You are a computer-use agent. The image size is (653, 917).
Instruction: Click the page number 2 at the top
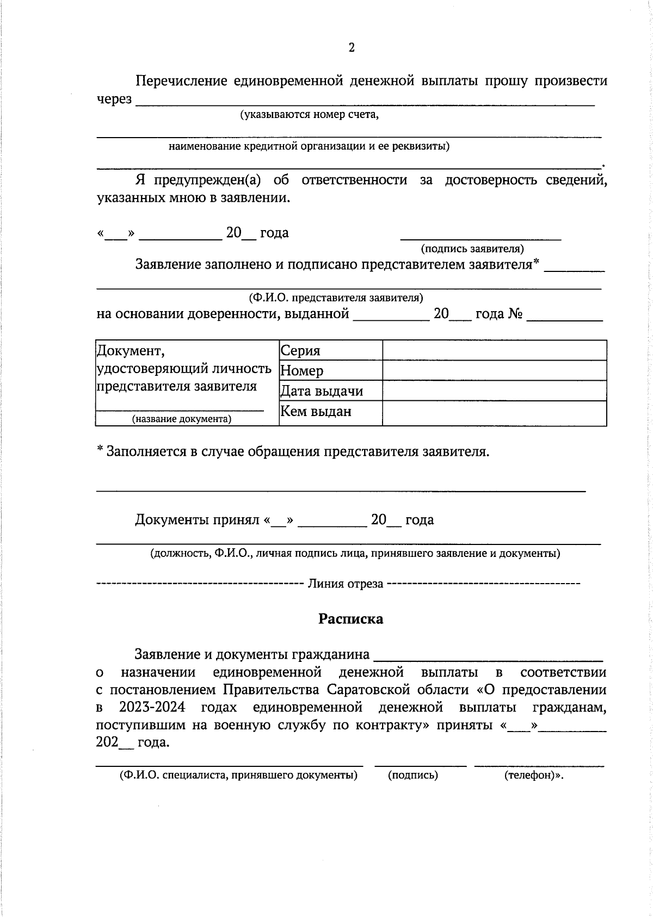click(351, 48)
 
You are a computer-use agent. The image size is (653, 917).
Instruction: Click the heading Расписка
click(350, 619)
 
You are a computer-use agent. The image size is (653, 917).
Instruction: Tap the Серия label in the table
click(300, 350)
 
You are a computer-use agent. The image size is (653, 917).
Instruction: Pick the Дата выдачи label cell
click(321, 391)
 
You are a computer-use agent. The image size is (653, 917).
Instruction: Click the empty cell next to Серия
click(494, 350)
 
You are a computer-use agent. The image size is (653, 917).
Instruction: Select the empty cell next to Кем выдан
click(494, 413)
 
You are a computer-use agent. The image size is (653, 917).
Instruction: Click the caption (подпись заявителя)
click(472, 249)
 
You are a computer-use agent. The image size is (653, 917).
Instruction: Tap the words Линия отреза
click(346, 584)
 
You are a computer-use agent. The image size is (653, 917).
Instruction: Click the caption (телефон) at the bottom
click(533, 775)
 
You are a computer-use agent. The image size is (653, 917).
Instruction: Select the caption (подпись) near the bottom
click(412, 775)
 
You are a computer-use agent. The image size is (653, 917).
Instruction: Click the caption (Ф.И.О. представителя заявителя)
click(336, 298)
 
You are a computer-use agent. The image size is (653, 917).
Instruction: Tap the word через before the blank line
click(114, 99)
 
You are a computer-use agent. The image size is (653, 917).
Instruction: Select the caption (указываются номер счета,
click(309, 115)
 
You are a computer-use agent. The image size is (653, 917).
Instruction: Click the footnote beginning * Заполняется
click(293, 451)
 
